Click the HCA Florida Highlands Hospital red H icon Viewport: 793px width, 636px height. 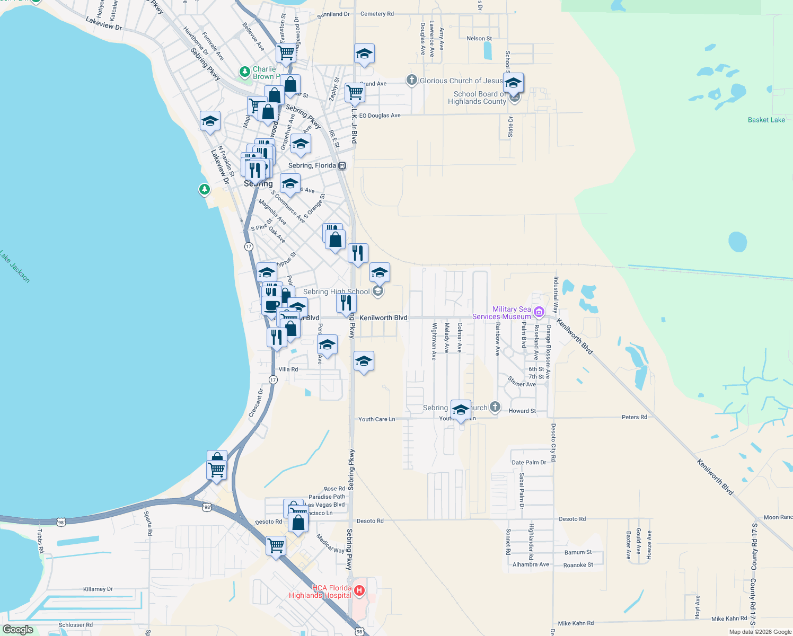359,590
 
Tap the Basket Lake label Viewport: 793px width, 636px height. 766,120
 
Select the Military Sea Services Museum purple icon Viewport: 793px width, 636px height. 539,312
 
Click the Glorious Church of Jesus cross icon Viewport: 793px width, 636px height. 412,80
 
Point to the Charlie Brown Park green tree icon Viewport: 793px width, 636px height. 245,72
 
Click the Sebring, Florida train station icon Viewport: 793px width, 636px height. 342,165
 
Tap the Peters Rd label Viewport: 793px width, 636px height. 634,417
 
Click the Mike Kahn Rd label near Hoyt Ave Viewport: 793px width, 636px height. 729,619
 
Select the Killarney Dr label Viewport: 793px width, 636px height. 98,589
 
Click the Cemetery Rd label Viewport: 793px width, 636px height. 377,14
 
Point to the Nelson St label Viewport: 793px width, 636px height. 479,38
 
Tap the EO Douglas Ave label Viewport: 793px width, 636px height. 380,116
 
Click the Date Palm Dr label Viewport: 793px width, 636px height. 528,463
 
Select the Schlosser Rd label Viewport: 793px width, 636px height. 76,625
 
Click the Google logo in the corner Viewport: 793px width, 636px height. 18,630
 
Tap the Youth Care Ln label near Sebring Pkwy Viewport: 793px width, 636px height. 376,419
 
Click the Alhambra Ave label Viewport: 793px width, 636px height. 531,564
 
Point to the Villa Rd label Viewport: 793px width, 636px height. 288,369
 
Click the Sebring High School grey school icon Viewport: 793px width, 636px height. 378,291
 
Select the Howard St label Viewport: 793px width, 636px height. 522,411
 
